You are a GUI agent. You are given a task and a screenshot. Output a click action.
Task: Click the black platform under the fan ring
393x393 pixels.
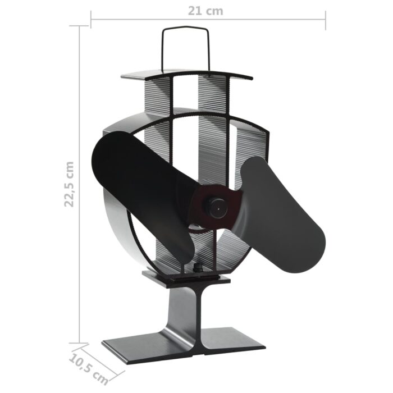185,277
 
